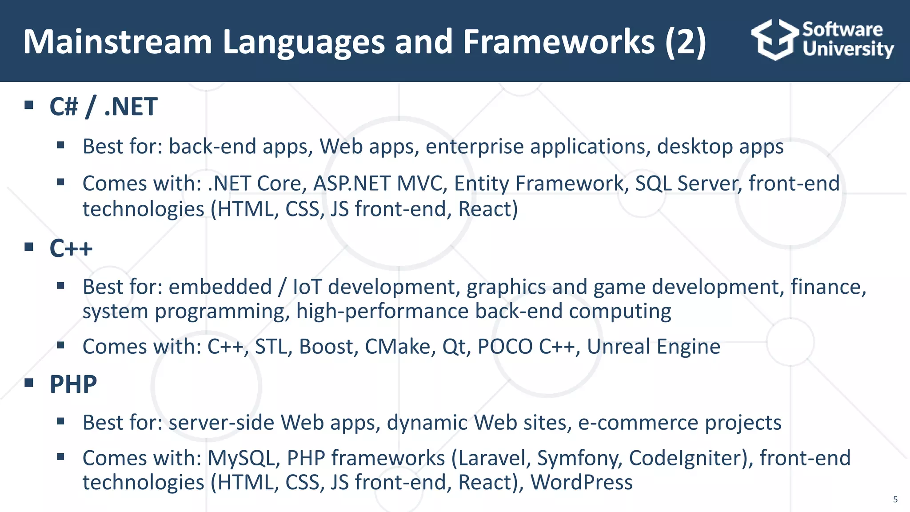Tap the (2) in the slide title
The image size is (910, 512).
pyautogui.click(x=685, y=42)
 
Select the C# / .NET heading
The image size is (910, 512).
pyautogui.click(x=103, y=107)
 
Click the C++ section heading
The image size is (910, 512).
pyautogui.click(x=71, y=248)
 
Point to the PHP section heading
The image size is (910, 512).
pyautogui.click(x=73, y=384)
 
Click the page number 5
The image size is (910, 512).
pyautogui.click(x=895, y=500)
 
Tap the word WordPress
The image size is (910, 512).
pyautogui.click(x=581, y=483)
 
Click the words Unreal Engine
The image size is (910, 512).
pyautogui.click(x=653, y=347)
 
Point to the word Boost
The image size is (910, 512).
pyautogui.click(x=328, y=347)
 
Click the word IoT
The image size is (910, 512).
pyautogui.click(x=307, y=287)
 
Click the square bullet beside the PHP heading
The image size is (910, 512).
pyautogui.click(x=29, y=383)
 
